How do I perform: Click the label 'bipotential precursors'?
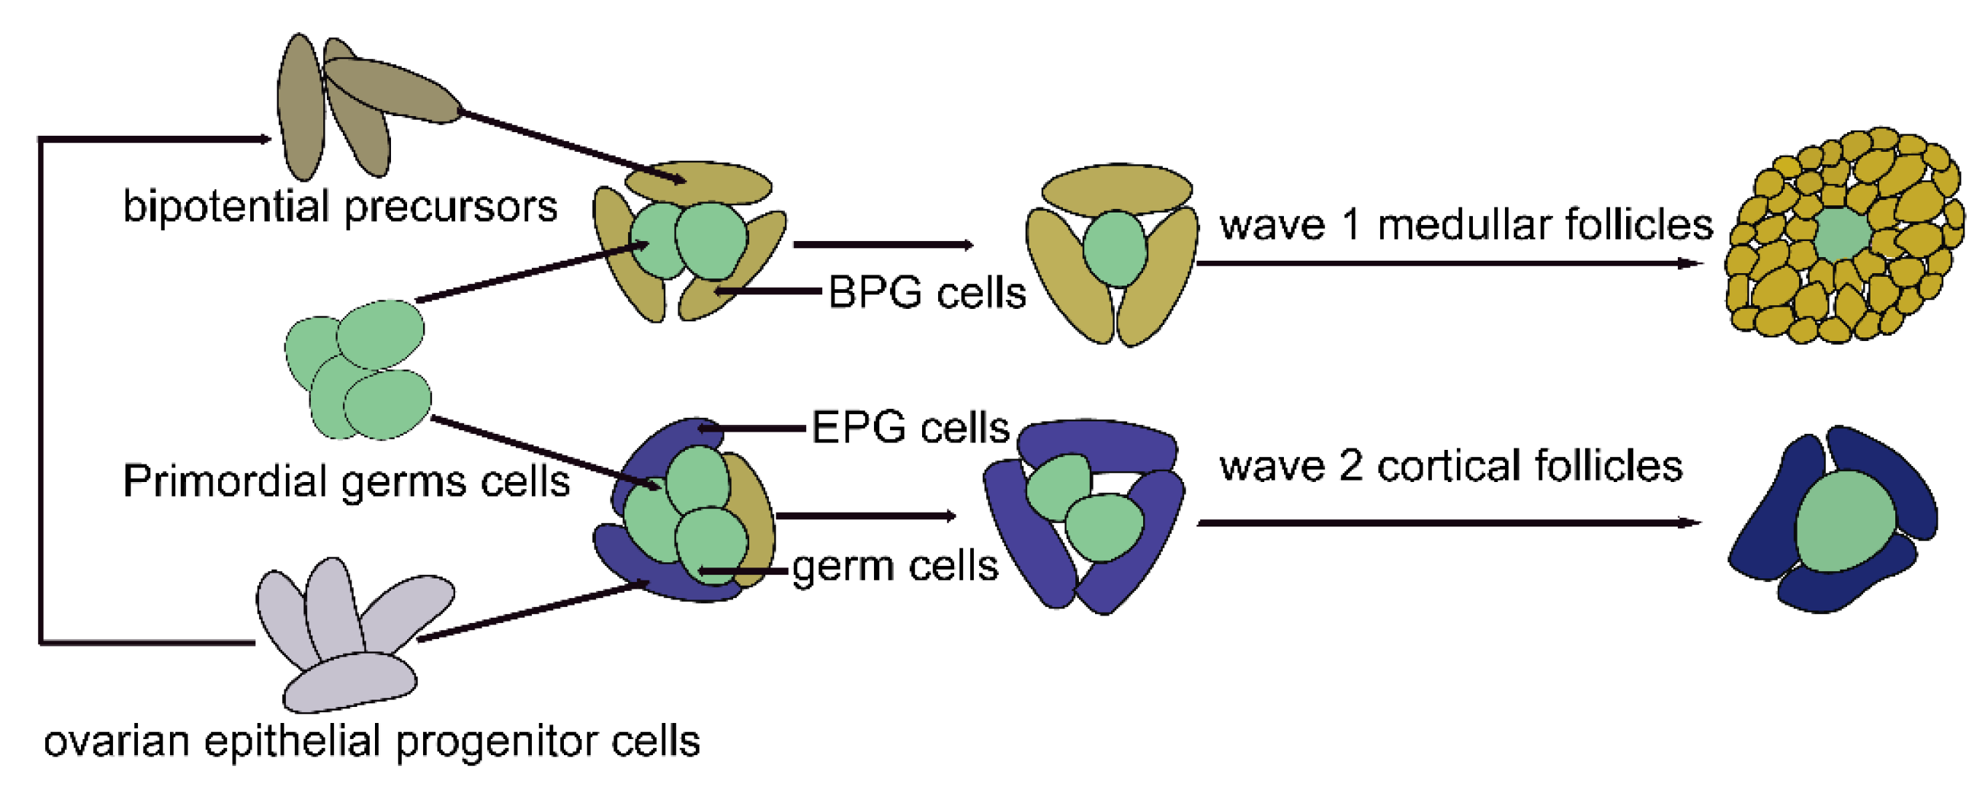pos(340,207)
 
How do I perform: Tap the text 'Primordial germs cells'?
pos(346,482)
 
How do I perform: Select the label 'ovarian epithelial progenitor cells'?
pos(371,742)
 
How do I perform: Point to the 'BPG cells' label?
pos(927,293)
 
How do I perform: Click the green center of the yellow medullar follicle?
pos(1843,233)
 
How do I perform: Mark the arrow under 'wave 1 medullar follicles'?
pos(1449,264)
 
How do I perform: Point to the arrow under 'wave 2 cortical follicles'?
pos(1449,523)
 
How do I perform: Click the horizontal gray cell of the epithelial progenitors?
pos(351,683)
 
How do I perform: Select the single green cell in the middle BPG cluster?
pos(1114,250)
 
